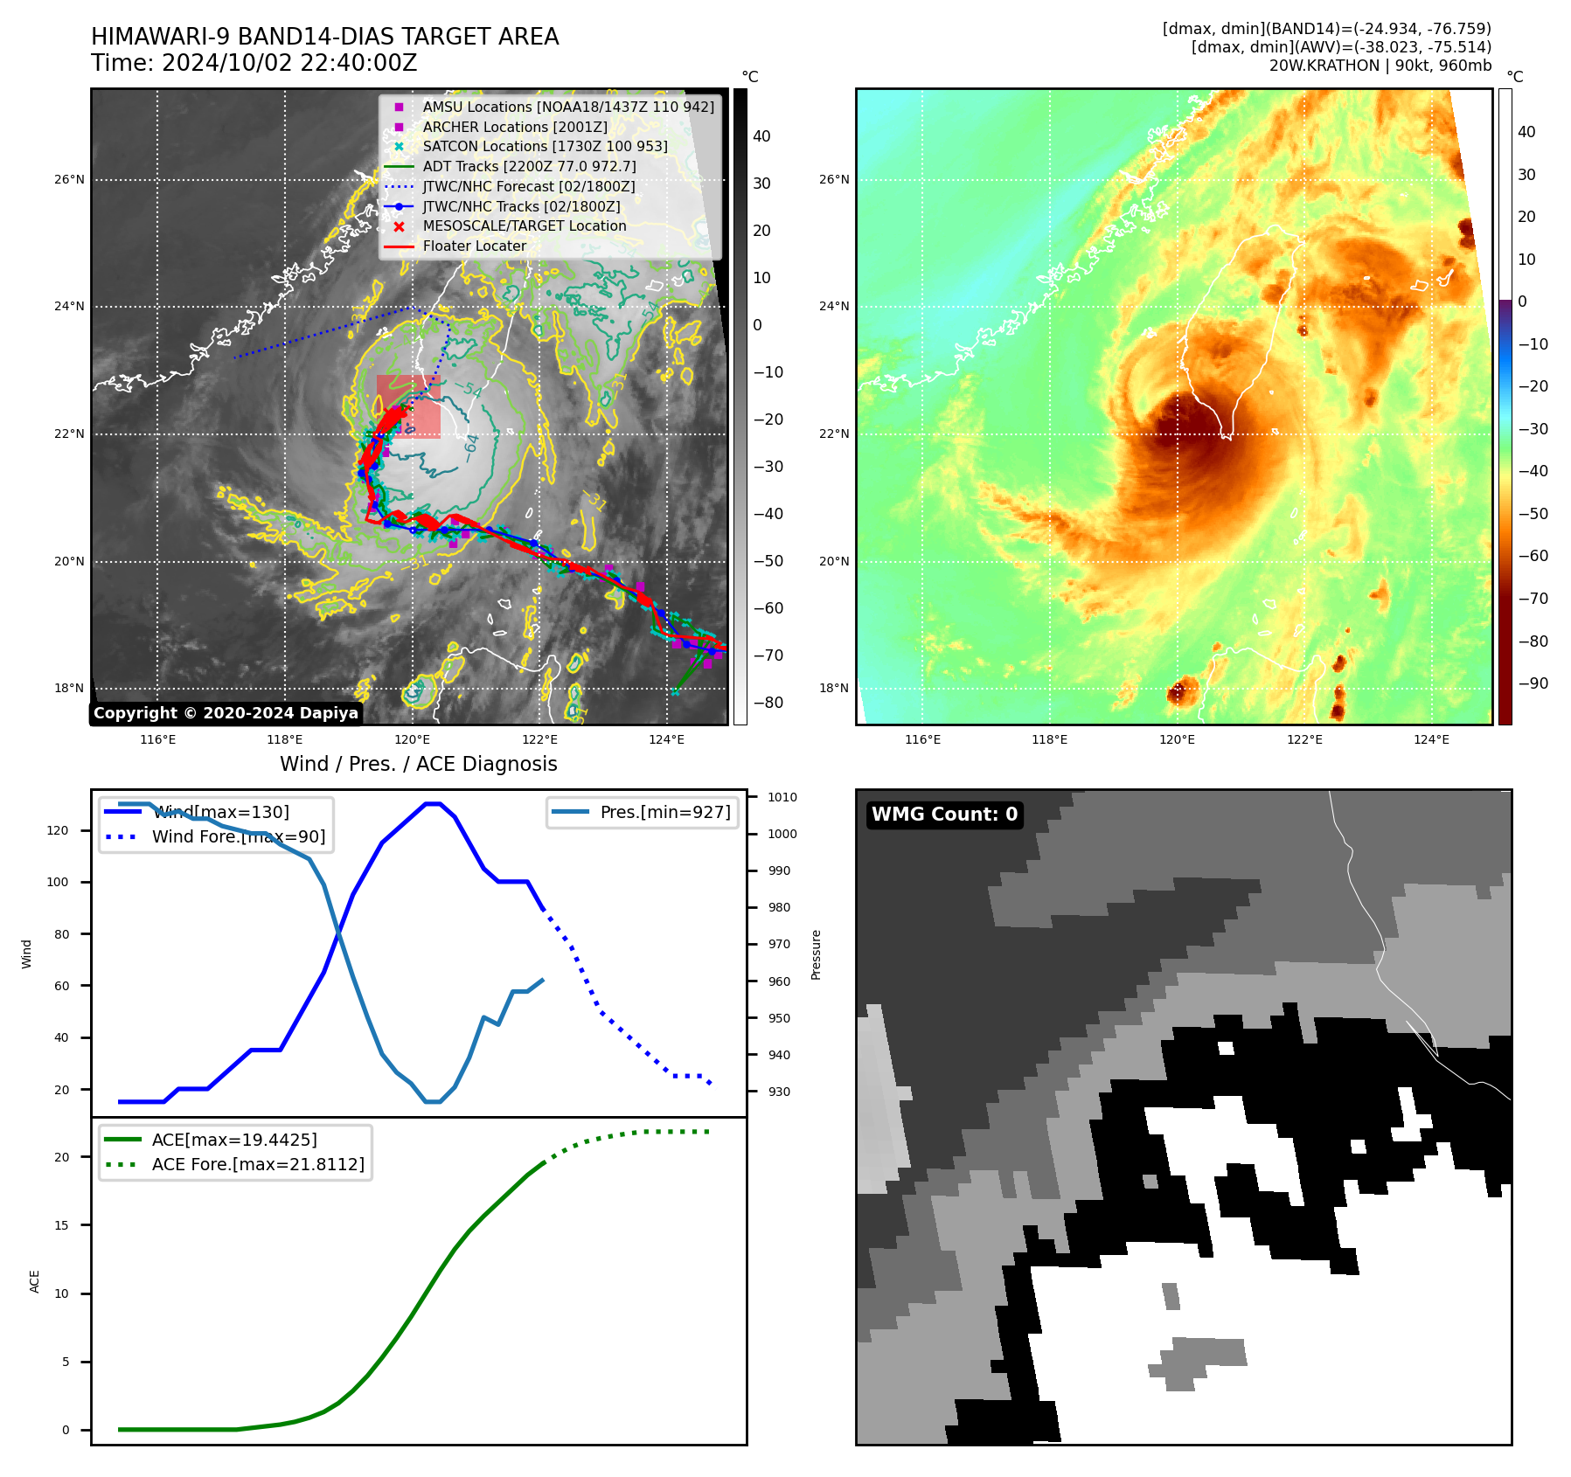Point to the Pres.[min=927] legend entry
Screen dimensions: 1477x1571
point(664,812)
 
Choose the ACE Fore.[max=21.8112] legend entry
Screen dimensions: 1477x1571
point(257,1164)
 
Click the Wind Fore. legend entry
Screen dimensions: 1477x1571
point(238,836)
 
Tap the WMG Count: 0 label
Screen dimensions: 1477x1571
point(944,815)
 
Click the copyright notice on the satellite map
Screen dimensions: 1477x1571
point(226,713)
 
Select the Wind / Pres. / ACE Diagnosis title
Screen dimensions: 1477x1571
point(418,764)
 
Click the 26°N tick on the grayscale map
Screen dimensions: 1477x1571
point(69,180)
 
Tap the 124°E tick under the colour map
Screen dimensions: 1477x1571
point(1431,739)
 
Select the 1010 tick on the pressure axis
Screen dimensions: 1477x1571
point(782,797)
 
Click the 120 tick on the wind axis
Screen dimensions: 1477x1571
point(58,830)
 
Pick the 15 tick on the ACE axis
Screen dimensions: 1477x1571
point(61,1225)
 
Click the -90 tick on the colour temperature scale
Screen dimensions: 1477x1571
point(1533,683)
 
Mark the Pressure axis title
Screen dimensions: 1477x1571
point(816,954)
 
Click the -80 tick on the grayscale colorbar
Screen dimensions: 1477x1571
point(768,703)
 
